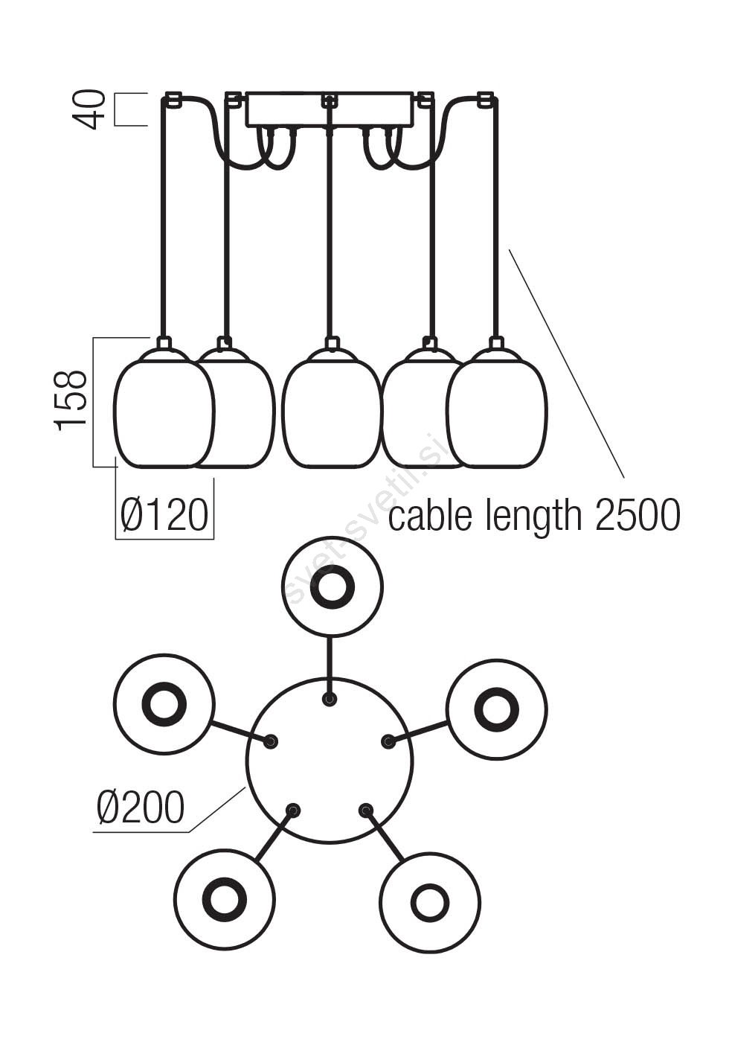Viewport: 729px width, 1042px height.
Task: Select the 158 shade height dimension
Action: (x=72, y=400)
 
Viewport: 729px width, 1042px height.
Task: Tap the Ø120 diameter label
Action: (x=164, y=515)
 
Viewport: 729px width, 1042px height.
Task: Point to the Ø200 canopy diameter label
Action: (x=140, y=807)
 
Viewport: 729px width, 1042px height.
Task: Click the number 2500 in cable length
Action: (x=638, y=515)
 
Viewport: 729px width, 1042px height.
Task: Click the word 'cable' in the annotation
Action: (x=429, y=515)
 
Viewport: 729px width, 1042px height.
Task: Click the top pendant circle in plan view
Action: (x=332, y=586)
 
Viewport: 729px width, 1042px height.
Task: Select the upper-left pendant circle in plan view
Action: (x=164, y=703)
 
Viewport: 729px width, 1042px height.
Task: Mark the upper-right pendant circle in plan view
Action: (x=496, y=709)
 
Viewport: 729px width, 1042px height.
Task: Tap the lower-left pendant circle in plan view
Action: (x=224, y=899)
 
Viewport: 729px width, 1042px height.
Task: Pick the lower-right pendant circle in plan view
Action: (x=429, y=903)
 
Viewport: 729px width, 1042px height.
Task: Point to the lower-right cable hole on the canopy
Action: (x=365, y=810)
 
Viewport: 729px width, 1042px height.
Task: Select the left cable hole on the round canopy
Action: (x=272, y=741)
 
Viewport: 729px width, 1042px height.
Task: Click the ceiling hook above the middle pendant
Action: (x=329, y=99)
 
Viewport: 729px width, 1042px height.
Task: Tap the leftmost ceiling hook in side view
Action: (x=173, y=98)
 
